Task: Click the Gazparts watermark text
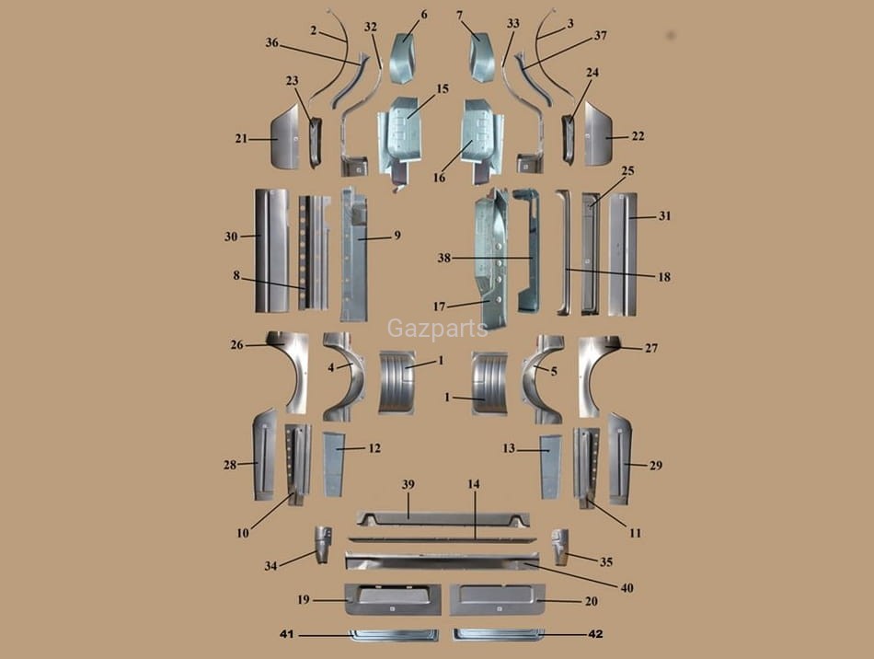point(437,329)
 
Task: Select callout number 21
point(241,139)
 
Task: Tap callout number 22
point(638,136)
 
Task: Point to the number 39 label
point(408,484)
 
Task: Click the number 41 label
point(286,634)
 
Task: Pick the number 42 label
point(595,634)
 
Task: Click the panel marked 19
point(392,598)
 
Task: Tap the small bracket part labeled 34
point(321,544)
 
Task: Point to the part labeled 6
point(403,57)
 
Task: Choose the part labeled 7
point(482,57)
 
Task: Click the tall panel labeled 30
point(271,250)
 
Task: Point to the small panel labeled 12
point(332,463)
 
